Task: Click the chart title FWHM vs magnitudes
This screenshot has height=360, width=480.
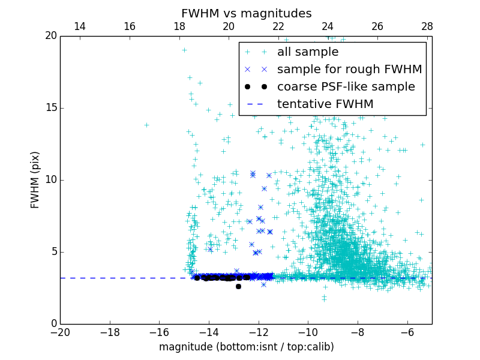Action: pos(246,13)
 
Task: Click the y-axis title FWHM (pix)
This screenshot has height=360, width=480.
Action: pos(35,179)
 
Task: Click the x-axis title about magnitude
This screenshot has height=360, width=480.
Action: pos(246,347)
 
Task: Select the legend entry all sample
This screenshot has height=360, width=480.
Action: pos(308,52)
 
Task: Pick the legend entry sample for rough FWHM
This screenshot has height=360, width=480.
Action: pos(349,70)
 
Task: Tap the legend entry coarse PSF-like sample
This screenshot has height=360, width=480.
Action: pos(346,87)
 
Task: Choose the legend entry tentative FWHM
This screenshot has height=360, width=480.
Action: pos(325,104)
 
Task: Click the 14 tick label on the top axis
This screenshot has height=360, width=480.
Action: pos(79,26)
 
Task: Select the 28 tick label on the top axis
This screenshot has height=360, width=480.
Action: pos(427,26)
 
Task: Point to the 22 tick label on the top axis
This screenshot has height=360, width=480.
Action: pos(278,26)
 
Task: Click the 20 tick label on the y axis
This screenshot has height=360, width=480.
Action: pos(50,36)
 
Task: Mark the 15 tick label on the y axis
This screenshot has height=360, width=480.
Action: pos(50,108)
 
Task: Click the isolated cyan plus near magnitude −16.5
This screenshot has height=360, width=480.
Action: pos(146,125)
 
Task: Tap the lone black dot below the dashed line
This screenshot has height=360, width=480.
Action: pos(238,286)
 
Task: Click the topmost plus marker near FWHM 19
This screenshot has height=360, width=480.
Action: pos(184,50)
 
